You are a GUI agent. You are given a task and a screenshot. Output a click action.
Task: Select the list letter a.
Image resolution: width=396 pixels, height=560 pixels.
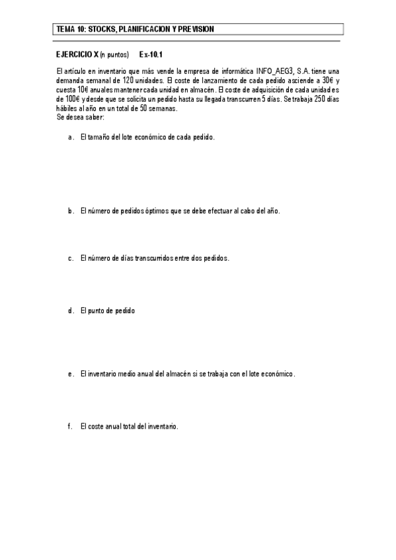70,138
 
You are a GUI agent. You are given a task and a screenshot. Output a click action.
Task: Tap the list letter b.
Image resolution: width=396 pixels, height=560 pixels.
70,211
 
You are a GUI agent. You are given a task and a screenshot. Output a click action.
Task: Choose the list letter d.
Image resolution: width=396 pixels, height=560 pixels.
70,310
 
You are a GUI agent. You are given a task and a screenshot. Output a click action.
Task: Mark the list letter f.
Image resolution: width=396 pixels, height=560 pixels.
69,427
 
